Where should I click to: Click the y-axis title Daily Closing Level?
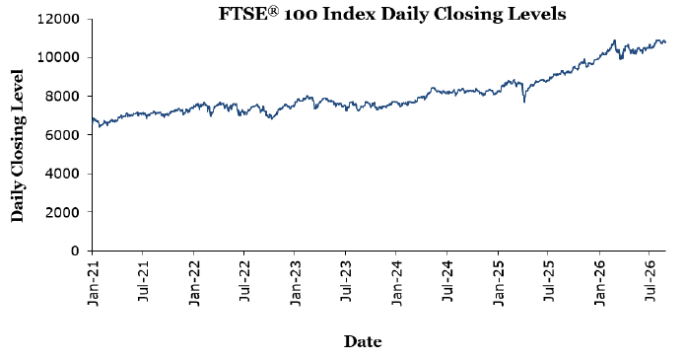17,145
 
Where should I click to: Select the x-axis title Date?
363,341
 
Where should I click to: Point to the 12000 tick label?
58,19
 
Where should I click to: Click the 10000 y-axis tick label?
58,57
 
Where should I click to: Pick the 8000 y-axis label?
62,97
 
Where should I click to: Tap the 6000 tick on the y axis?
62,135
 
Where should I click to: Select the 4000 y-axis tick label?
62,174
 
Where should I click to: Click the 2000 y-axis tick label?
62,212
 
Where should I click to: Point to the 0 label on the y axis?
75,251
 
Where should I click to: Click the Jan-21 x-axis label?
94,283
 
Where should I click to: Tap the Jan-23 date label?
296,283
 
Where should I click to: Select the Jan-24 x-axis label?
397,283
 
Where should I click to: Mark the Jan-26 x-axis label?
600,283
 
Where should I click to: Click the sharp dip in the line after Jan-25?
524,102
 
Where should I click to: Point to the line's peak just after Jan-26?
615,40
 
